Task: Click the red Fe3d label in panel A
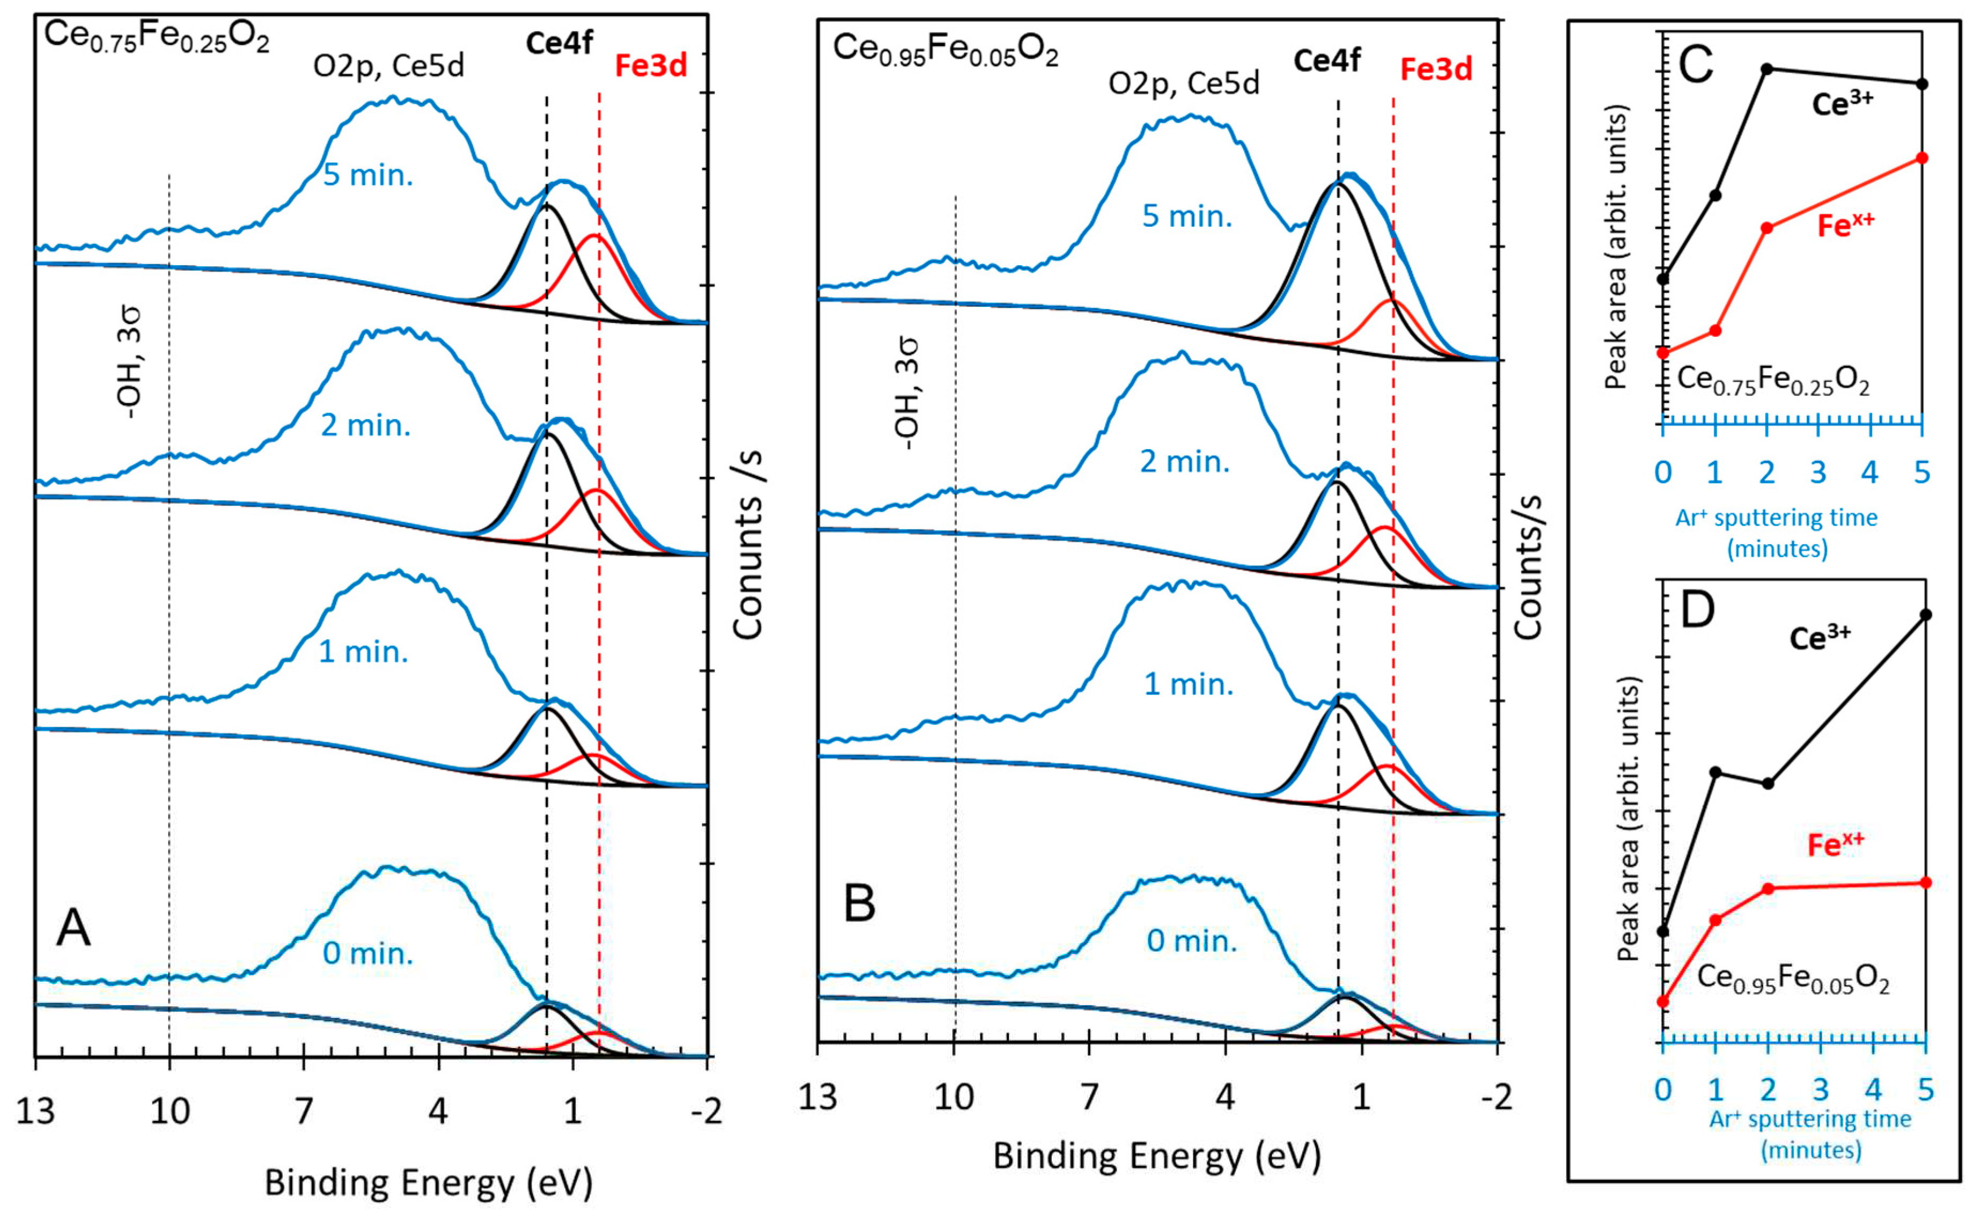[x=650, y=66]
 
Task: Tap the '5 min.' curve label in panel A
[x=367, y=175]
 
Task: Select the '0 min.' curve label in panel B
[x=1191, y=941]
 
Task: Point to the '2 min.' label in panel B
[x=1184, y=461]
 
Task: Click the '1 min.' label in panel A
[x=363, y=651]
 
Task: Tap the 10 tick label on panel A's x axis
[x=169, y=1112]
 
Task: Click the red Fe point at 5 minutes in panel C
[x=1922, y=158]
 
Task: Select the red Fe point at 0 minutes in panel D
[x=1662, y=1001]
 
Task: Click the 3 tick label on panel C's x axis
[x=1818, y=472]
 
